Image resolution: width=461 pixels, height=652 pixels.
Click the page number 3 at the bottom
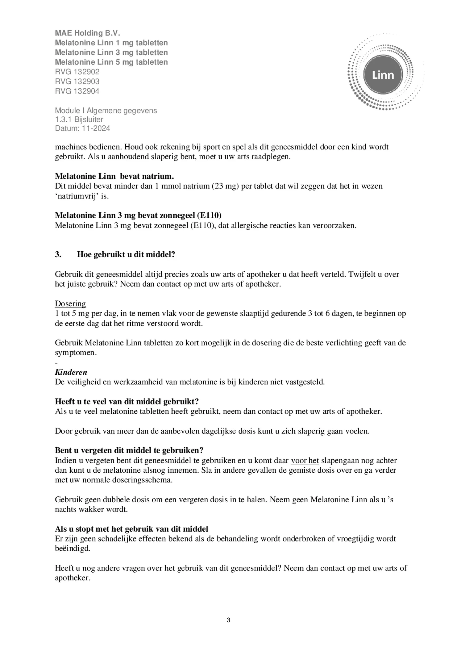tap(228, 620)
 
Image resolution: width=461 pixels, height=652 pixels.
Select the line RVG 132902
tap(77, 72)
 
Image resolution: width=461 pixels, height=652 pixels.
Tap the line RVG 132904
tap(77, 91)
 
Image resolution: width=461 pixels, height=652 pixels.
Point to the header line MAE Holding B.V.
tap(87, 33)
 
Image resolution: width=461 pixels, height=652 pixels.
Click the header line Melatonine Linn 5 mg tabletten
tap(111, 62)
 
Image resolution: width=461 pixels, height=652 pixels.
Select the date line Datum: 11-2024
tap(82, 128)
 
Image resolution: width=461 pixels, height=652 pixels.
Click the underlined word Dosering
tap(70, 304)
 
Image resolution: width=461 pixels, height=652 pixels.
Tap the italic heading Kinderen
tap(71, 372)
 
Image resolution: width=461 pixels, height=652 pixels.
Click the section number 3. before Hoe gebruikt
tap(58, 255)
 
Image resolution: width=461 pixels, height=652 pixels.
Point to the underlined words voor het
tap(305, 461)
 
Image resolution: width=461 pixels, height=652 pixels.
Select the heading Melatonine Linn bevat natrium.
tap(114, 176)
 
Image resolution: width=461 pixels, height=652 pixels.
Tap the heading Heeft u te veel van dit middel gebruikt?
tap(127, 401)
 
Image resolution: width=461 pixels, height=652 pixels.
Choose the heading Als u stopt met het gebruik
tap(131, 529)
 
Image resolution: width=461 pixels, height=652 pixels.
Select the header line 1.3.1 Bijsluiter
tap(79, 119)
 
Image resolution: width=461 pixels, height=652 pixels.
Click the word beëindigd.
tap(73, 549)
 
